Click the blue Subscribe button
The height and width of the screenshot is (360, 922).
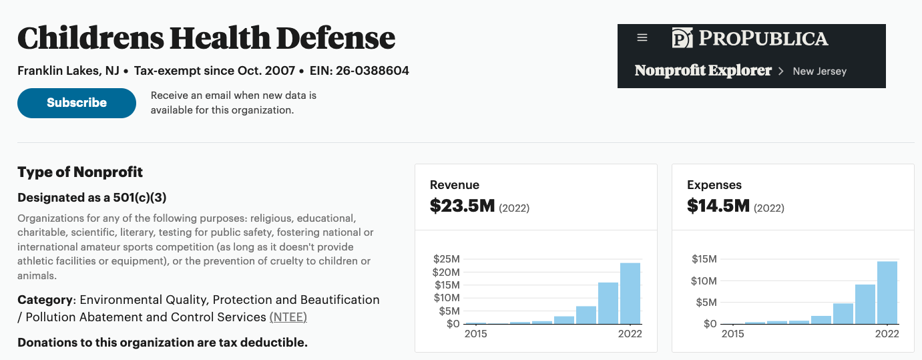77,103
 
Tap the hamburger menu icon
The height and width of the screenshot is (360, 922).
642,38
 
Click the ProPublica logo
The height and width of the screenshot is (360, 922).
750,38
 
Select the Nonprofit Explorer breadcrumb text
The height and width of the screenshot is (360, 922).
703,70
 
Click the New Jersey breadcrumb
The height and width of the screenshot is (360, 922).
819,71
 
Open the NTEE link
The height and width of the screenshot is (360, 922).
288,317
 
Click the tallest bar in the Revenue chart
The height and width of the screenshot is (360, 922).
630,293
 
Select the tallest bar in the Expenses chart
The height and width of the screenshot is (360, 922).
887,293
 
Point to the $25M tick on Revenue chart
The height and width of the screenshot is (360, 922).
447,259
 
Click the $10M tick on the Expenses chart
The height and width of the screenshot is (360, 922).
704,281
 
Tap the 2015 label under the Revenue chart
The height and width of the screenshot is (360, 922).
476,334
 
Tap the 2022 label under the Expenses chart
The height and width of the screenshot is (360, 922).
887,334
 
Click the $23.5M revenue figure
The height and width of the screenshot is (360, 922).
462,206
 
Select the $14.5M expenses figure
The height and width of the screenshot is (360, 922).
718,206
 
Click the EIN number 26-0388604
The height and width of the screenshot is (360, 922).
372,70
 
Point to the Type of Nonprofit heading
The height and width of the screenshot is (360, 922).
80,172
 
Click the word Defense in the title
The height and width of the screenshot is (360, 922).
335,38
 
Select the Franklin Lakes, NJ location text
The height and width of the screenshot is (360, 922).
68,71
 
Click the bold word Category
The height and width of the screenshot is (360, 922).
45,300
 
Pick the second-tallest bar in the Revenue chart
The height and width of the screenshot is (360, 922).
608,303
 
